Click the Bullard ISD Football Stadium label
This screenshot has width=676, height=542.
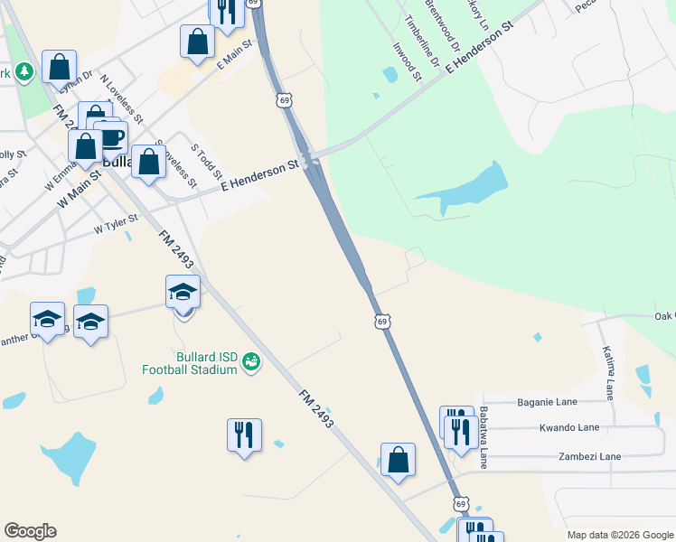[x=190, y=363]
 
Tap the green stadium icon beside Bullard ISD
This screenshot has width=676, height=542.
[x=251, y=362]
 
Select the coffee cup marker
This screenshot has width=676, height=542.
[x=111, y=138]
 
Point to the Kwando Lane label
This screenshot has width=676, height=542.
[x=568, y=427]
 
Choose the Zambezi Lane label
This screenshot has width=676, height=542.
[x=590, y=457]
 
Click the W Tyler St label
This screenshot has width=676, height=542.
[x=116, y=223]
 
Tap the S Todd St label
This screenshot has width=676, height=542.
[x=207, y=159]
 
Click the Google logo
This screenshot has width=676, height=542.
[x=30, y=531]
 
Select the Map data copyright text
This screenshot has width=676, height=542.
[x=619, y=535]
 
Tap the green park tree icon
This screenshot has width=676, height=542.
[x=24, y=71]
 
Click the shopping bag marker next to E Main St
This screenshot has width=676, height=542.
[x=197, y=42]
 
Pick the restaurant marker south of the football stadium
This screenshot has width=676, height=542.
[x=244, y=435]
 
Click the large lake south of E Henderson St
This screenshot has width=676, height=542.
[x=470, y=187]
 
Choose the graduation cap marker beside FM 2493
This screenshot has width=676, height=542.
[x=183, y=293]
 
